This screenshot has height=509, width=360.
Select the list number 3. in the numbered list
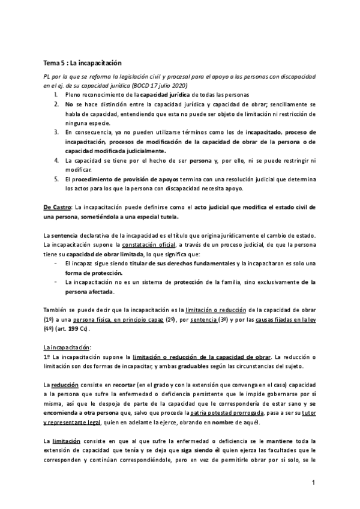click(55, 131)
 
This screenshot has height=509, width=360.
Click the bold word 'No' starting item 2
click(70, 104)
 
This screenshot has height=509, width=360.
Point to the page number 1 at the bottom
click(314, 482)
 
